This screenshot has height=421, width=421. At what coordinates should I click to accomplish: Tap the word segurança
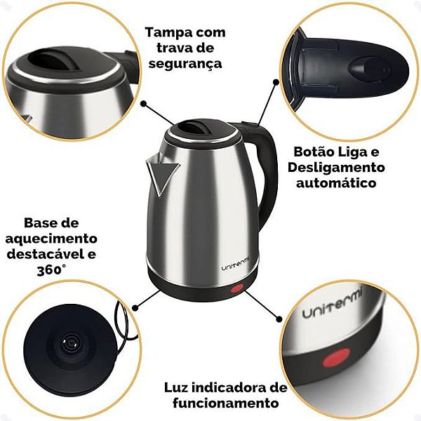pyautogui.click(x=185, y=65)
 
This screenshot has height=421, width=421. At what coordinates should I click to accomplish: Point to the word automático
pyautogui.click(x=336, y=183)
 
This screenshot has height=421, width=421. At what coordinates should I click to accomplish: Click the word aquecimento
pyautogui.click(x=51, y=239)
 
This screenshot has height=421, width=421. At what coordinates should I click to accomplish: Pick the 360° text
pyautogui.click(x=51, y=270)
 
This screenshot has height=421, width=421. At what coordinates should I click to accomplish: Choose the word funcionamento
pyautogui.click(x=225, y=403)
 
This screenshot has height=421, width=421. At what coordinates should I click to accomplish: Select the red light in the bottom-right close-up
pyautogui.click(x=336, y=358)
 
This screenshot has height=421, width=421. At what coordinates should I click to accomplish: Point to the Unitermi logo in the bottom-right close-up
pyautogui.click(x=333, y=303)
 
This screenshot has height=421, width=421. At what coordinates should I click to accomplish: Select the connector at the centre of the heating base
pyautogui.click(x=70, y=343)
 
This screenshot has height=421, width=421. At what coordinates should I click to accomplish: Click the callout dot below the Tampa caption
pyautogui.click(x=144, y=104)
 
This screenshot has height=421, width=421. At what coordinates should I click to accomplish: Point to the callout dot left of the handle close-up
pyautogui.click(x=276, y=81)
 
